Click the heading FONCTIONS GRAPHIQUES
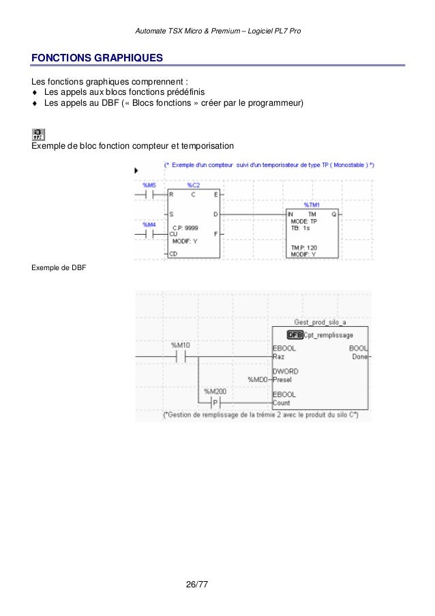pyautogui.click(x=97, y=57)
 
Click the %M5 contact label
pyautogui.click(x=149, y=185)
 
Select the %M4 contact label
pyautogui.click(x=149, y=224)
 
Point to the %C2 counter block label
pyautogui.click(x=193, y=185)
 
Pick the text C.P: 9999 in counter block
pyautogui.click(x=185, y=227)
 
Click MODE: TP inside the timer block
pyautogui.click(x=304, y=221)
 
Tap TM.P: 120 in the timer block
pyautogui.click(x=304, y=247)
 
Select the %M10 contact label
pyautogui.click(x=181, y=344)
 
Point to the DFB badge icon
pyautogui.click(x=295, y=335)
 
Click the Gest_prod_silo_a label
pyautogui.click(x=320, y=322)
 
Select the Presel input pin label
pyautogui.click(x=282, y=380)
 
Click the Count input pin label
pyautogui.click(x=281, y=403)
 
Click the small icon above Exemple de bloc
pyautogui.click(x=39, y=134)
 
